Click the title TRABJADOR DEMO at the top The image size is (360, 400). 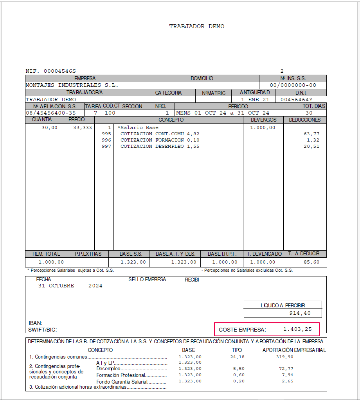[196, 26]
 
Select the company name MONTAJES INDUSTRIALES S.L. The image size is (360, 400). [72, 85]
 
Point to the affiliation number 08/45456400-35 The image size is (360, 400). [51, 113]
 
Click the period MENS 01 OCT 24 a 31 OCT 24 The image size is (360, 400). [223, 113]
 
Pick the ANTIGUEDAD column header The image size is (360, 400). [255, 93]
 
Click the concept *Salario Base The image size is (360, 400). [138, 127]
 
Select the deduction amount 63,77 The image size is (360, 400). [311, 134]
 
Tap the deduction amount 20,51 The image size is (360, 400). [311, 146]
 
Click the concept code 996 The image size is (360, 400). [106, 140]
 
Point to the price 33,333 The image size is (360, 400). [83, 127]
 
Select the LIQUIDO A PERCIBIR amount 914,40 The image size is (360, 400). [300, 313]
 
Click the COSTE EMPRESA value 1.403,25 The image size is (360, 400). [297, 329]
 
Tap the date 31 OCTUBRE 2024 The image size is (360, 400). [70, 286]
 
